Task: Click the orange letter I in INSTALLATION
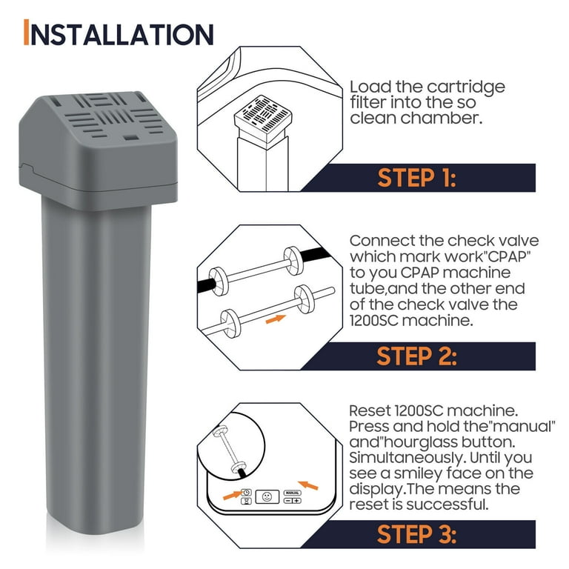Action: (x=27, y=33)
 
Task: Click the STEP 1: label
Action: (x=416, y=178)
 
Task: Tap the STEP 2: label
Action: (x=416, y=356)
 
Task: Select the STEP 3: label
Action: (x=416, y=534)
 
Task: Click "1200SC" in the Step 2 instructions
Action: (x=376, y=319)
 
